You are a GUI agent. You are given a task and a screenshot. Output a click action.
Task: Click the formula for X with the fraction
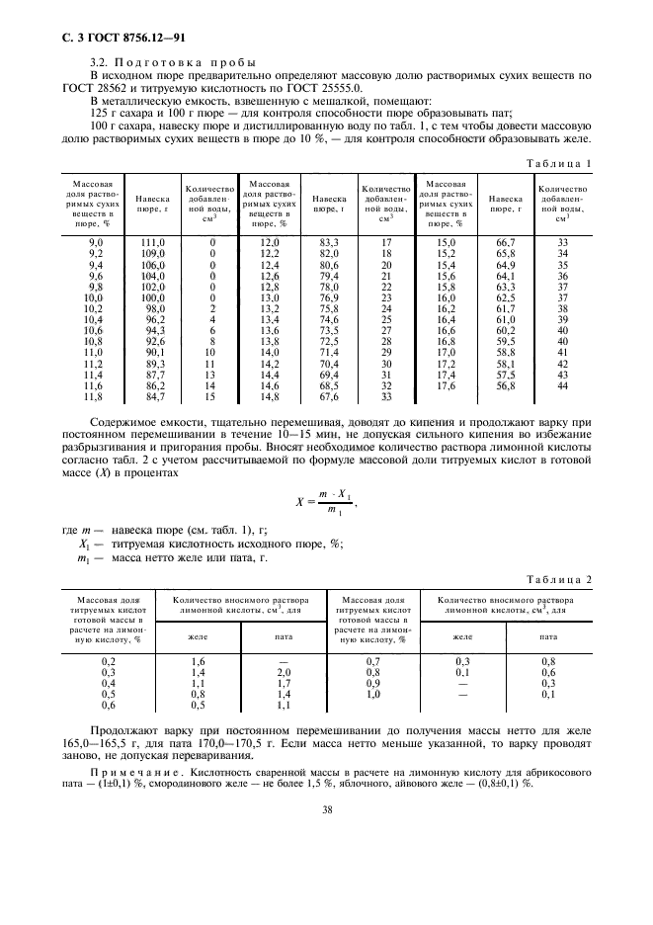click(x=326, y=501)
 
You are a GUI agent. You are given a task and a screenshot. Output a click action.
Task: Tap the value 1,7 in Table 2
click(x=284, y=682)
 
